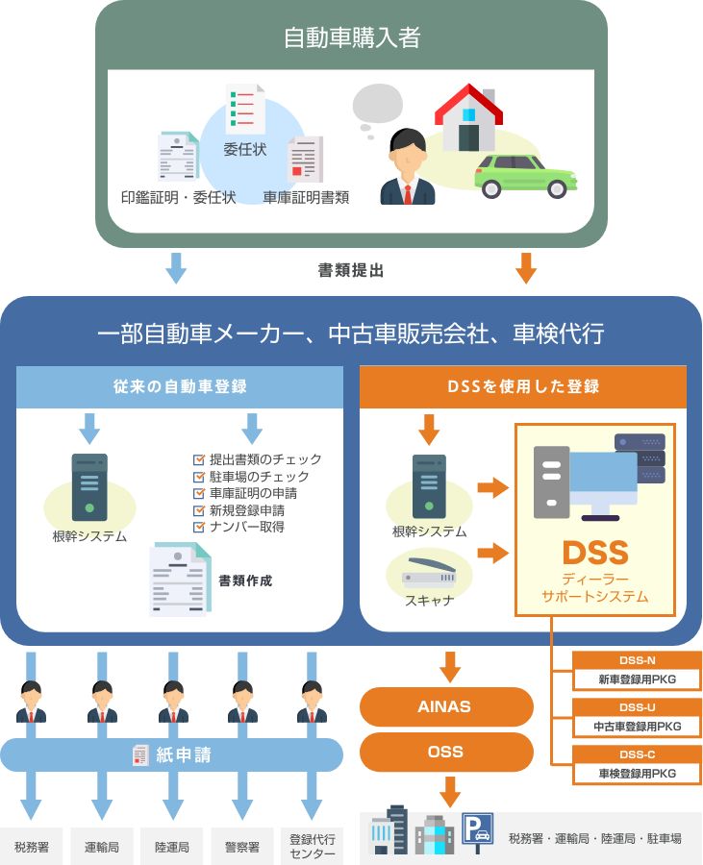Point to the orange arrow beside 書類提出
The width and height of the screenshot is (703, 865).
click(525, 268)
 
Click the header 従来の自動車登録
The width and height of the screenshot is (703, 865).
click(180, 386)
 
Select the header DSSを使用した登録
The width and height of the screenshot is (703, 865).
click(523, 386)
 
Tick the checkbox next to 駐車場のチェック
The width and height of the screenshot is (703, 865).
click(200, 477)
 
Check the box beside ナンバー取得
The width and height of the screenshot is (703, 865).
click(200, 527)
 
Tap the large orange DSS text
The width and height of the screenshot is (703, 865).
click(594, 553)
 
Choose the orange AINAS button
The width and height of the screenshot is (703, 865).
click(445, 706)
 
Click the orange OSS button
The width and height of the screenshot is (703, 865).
click(445, 752)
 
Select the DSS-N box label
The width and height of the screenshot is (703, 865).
click(638, 660)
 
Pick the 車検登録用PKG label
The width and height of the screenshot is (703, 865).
click(638, 773)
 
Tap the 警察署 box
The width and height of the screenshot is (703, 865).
click(241, 847)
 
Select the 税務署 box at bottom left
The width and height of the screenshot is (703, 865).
click(32, 847)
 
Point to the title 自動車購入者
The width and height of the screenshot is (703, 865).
click(352, 37)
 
